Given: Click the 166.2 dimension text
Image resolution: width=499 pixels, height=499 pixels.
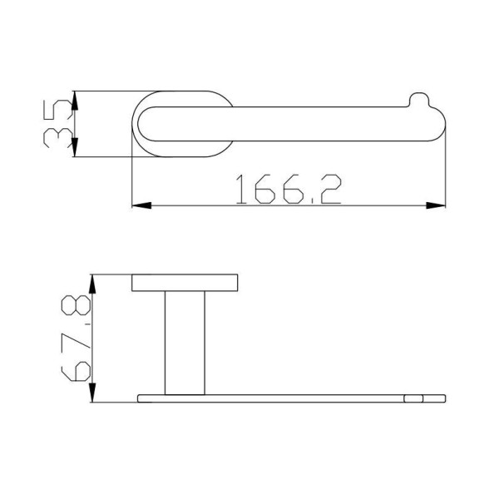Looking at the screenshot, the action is [x=289, y=189].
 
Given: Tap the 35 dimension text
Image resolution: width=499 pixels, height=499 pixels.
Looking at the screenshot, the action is [x=57, y=123].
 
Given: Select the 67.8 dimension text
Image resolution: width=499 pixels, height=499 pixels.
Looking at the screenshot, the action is [x=76, y=338].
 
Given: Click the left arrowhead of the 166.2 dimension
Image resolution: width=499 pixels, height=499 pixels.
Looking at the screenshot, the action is [x=141, y=205].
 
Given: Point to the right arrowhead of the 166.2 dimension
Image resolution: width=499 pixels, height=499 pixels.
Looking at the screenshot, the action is [x=436, y=205].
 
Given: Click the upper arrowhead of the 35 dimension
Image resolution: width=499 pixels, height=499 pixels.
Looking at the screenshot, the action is [x=75, y=101].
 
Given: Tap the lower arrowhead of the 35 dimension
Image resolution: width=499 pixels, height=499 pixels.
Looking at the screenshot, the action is [x=75, y=147].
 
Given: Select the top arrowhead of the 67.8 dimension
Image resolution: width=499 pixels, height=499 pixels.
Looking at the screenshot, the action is [x=92, y=284].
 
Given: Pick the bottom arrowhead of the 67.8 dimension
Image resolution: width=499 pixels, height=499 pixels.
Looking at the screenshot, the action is [x=92, y=393].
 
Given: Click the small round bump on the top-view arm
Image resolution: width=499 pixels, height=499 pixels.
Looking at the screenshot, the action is [x=419, y=99].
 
